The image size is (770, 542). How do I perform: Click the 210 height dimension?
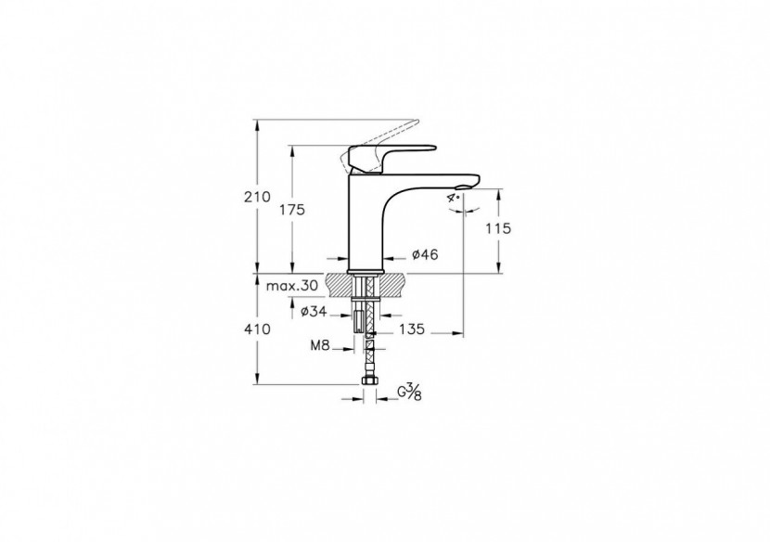pyautogui.click(x=257, y=197)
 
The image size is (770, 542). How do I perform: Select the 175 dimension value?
pyautogui.click(x=291, y=210)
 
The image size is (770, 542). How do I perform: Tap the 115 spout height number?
pyautogui.click(x=497, y=227)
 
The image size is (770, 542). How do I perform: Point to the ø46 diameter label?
pyautogui.click(x=424, y=254)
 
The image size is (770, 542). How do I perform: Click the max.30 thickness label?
pyautogui.click(x=291, y=286)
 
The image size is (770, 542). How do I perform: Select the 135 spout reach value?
pyautogui.click(x=411, y=329)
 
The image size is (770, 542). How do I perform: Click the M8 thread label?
pyautogui.click(x=320, y=345)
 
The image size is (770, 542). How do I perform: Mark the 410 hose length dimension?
pyautogui.click(x=257, y=329)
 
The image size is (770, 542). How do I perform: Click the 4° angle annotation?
pyautogui.click(x=456, y=197)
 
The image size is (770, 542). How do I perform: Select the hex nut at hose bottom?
pyautogui.click(x=369, y=381)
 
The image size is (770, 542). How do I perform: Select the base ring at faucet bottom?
pyautogui.click(x=366, y=270)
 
